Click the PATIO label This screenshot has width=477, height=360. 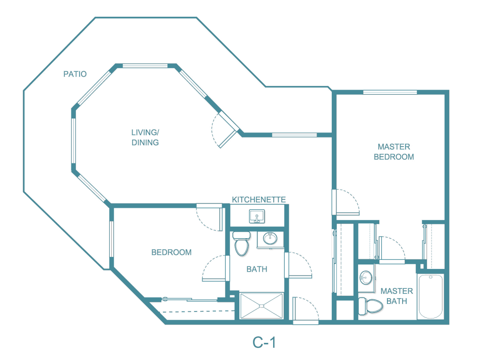tap(75, 74)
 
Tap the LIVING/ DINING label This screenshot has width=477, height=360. tap(145, 138)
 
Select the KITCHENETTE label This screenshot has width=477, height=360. tap(259, 199)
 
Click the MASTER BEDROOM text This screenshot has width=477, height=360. tap(394, 152)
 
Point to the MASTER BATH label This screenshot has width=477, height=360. tap(397, 296)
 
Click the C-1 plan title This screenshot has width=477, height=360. tap(264, 343)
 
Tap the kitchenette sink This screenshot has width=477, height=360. tap(257, 216)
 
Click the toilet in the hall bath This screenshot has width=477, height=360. tap(242, 244)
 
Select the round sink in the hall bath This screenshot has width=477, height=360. tap(270, 238)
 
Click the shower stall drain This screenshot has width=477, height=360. tap(262, 306)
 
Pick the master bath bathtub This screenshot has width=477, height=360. tap(431, 296)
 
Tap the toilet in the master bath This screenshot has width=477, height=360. tap(370, 306)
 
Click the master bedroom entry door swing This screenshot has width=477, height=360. tap(346, 202)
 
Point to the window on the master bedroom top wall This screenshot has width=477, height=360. tap(390, 92)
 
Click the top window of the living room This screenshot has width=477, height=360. tap(145, 66)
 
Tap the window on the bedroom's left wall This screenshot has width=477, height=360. tap(111, 239)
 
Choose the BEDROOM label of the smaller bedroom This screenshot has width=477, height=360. tap(171, 252)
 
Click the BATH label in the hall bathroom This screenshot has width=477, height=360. tap(257, 269)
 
